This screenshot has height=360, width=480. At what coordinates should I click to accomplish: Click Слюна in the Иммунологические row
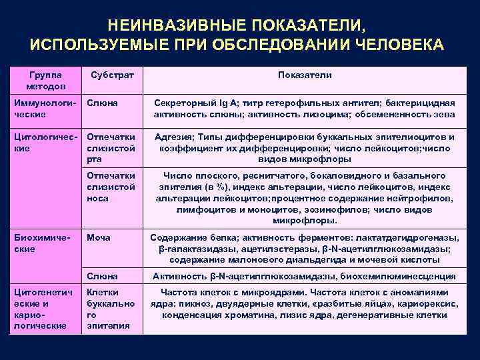point(102,103)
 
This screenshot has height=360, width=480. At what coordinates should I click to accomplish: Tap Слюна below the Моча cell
point(102,276)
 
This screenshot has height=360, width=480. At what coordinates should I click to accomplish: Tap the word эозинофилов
point(323,209)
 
